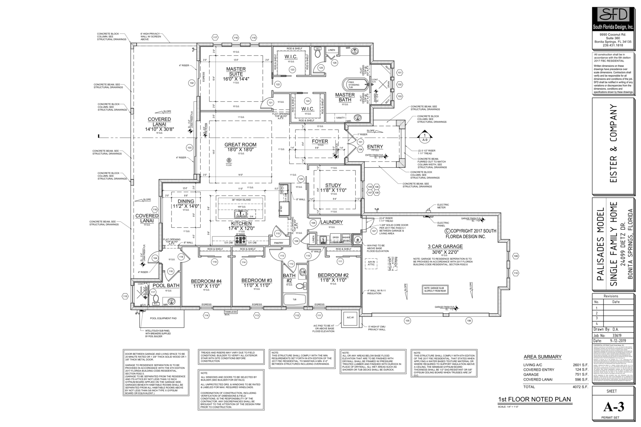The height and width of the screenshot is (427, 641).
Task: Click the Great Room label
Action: coord(240,145)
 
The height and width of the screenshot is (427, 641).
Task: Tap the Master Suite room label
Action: coord(236,69)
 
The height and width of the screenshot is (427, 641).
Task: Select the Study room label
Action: coord(333,185)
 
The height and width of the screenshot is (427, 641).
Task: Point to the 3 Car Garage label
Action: coord(445,247)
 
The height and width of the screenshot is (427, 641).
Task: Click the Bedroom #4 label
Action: coord(206,281)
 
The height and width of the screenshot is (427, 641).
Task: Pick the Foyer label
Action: coord(320,141)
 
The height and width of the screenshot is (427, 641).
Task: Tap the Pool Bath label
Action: coord(166,285)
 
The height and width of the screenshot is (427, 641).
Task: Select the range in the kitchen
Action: coord(240,240)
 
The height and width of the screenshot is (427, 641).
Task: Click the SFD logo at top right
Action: coord(613,16)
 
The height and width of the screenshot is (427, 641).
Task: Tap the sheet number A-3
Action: coord(613,407)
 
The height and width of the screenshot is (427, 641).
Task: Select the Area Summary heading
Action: coord(542,357)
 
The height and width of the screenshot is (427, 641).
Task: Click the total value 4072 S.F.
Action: coord(580,387)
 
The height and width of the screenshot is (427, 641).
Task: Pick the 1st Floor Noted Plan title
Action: coord(534,399)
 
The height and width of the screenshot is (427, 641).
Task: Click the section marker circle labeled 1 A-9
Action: coord(425,138)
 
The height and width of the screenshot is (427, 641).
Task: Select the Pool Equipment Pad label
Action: coord(163,319)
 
